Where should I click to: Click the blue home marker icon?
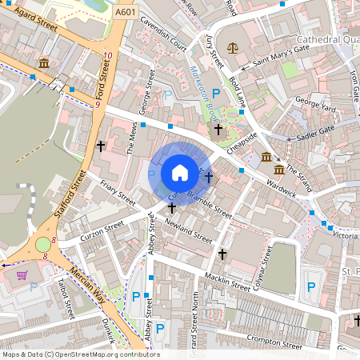180,172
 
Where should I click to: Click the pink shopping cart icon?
22,275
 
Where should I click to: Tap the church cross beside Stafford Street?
101,146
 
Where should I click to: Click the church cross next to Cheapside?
218,128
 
